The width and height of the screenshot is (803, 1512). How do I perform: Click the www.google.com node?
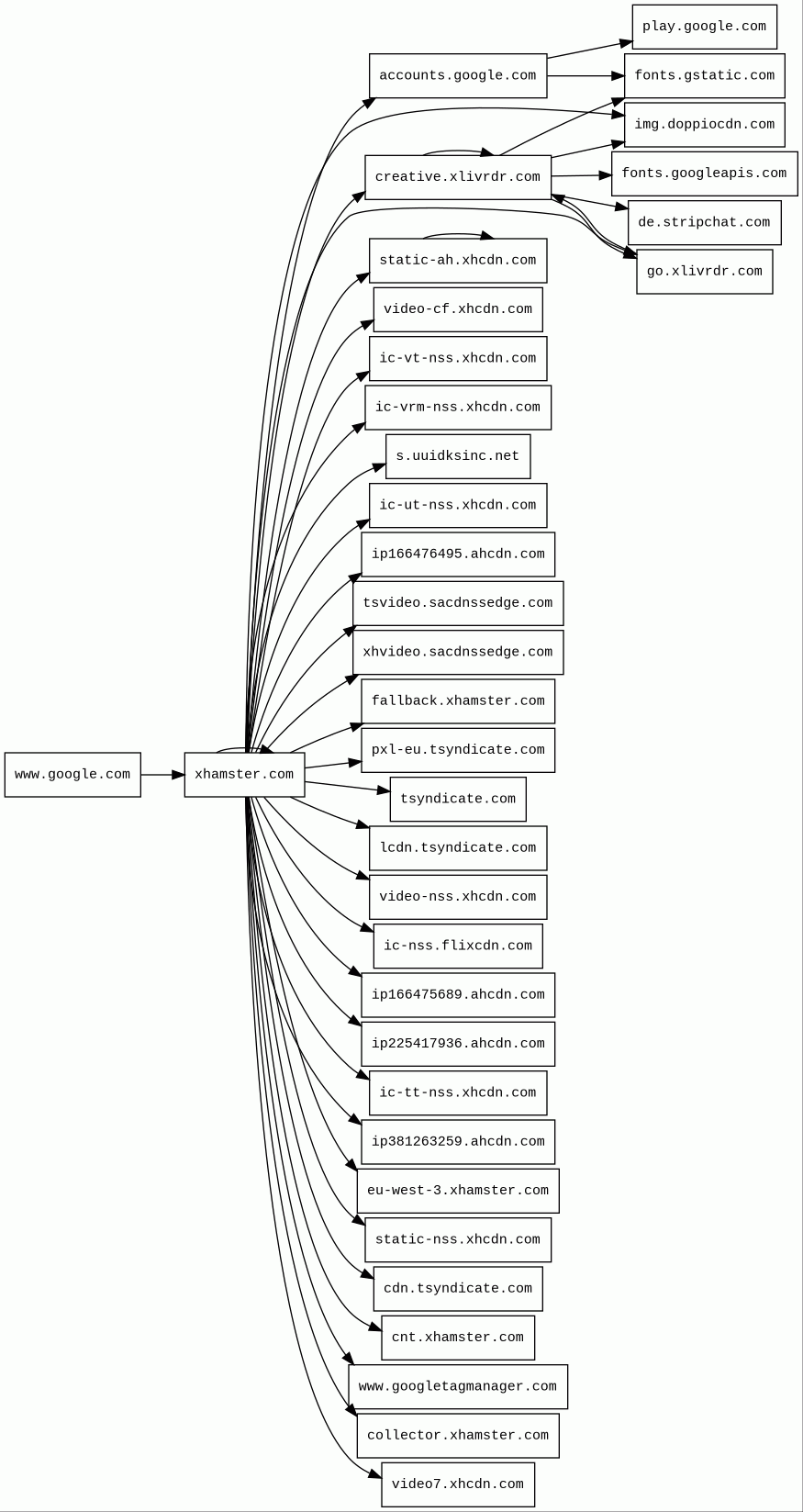[x=72, y=775]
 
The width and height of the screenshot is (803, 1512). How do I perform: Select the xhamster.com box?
[x=244, y=775]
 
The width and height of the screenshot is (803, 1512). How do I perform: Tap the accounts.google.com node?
[x=458, y=76]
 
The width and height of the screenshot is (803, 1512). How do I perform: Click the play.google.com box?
[x=704, y=27]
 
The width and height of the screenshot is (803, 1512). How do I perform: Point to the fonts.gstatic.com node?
[x=704, y=76]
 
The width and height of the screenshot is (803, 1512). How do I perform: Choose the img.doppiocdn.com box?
[x=704, y=125]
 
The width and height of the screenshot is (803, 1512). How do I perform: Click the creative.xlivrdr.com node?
[x=458, y=177]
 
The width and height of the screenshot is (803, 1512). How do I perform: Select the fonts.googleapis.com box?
[x=704, y=174]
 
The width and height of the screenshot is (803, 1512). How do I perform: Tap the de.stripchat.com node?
[x=704, y=223]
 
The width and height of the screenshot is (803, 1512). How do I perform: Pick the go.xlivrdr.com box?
[x=704, y=272]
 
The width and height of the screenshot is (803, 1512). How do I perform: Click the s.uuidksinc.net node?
[x=458, y=456]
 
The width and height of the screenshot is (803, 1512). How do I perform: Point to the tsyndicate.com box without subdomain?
[x=458, y=800]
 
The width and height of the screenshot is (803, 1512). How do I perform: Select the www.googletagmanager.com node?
[x=458, y=1387]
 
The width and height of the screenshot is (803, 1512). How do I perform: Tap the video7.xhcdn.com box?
[x=458, y=1484]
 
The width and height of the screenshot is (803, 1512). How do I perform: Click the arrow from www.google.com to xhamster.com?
[x=162, y=775]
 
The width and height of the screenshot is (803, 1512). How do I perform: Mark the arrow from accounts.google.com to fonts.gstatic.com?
[x=586, y=76]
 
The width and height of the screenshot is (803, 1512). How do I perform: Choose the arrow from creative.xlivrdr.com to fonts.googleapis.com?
[x=581, y=175]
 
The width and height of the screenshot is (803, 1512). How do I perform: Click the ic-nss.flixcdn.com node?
[x=458, y=946]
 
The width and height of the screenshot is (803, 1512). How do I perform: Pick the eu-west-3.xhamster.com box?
[x=458, y=1191]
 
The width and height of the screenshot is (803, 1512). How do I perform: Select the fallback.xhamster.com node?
[x=458, y=701]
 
